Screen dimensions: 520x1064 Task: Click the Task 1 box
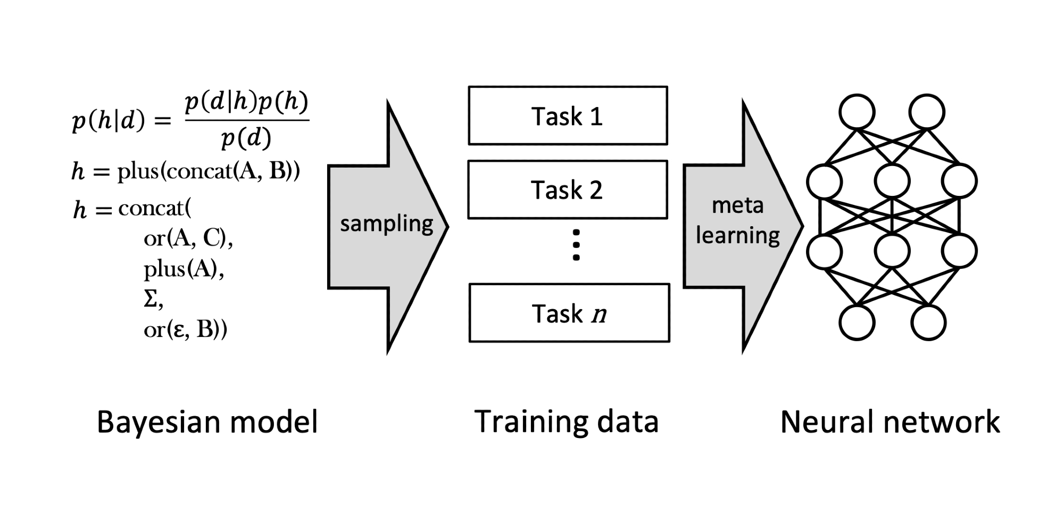pyautogui.click(x=568, y=116)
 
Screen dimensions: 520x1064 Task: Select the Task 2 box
pyautogui.click(x=568, y=190)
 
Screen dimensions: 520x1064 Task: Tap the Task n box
pyautogui.click(x=569, y=313)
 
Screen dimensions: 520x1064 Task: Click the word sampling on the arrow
pyautogui.click(x=387, y=224)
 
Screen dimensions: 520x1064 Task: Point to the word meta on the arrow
pyautogui.click(x=737, y=205)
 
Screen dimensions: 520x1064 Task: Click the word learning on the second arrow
pyautogui.click(x=737, y=235)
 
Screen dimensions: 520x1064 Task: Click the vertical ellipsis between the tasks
pyautogui.click(x=576, y=245)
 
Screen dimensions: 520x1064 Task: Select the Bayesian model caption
pyautogui.click(x=207, y=422)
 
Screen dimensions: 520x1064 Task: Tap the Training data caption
pyautogui.click(x=567, y=422)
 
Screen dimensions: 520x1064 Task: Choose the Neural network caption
pyautogui.click(x=890, y=422)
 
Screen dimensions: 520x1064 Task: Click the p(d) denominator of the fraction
pyautogui.click(x=246, y=138)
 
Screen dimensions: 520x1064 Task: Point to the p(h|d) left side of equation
pyautogui.click(x=109, y=121)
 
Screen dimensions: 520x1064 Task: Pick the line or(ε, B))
pyautogui.click(x=185, y=330)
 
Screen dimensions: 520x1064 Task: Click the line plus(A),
pyautogui.click(x=184, y=269)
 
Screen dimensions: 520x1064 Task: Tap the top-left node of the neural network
pyautogui.click(x=857, y=112)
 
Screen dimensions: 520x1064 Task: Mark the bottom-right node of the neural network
pyautogui.click(x=928, y=323)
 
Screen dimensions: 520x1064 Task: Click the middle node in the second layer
pyautogui.click(x=892, y=181)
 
